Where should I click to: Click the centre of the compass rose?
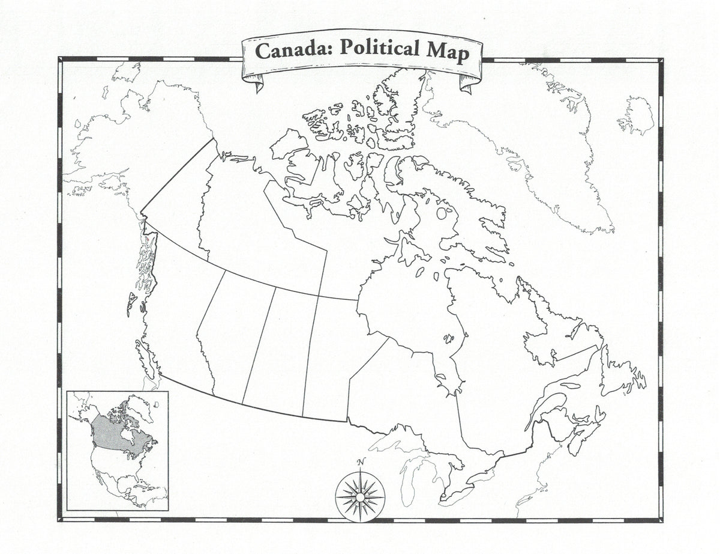(359, 497)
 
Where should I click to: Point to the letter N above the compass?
(360, 462)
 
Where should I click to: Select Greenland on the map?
(516, 138)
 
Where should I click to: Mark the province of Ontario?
(408, 397)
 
